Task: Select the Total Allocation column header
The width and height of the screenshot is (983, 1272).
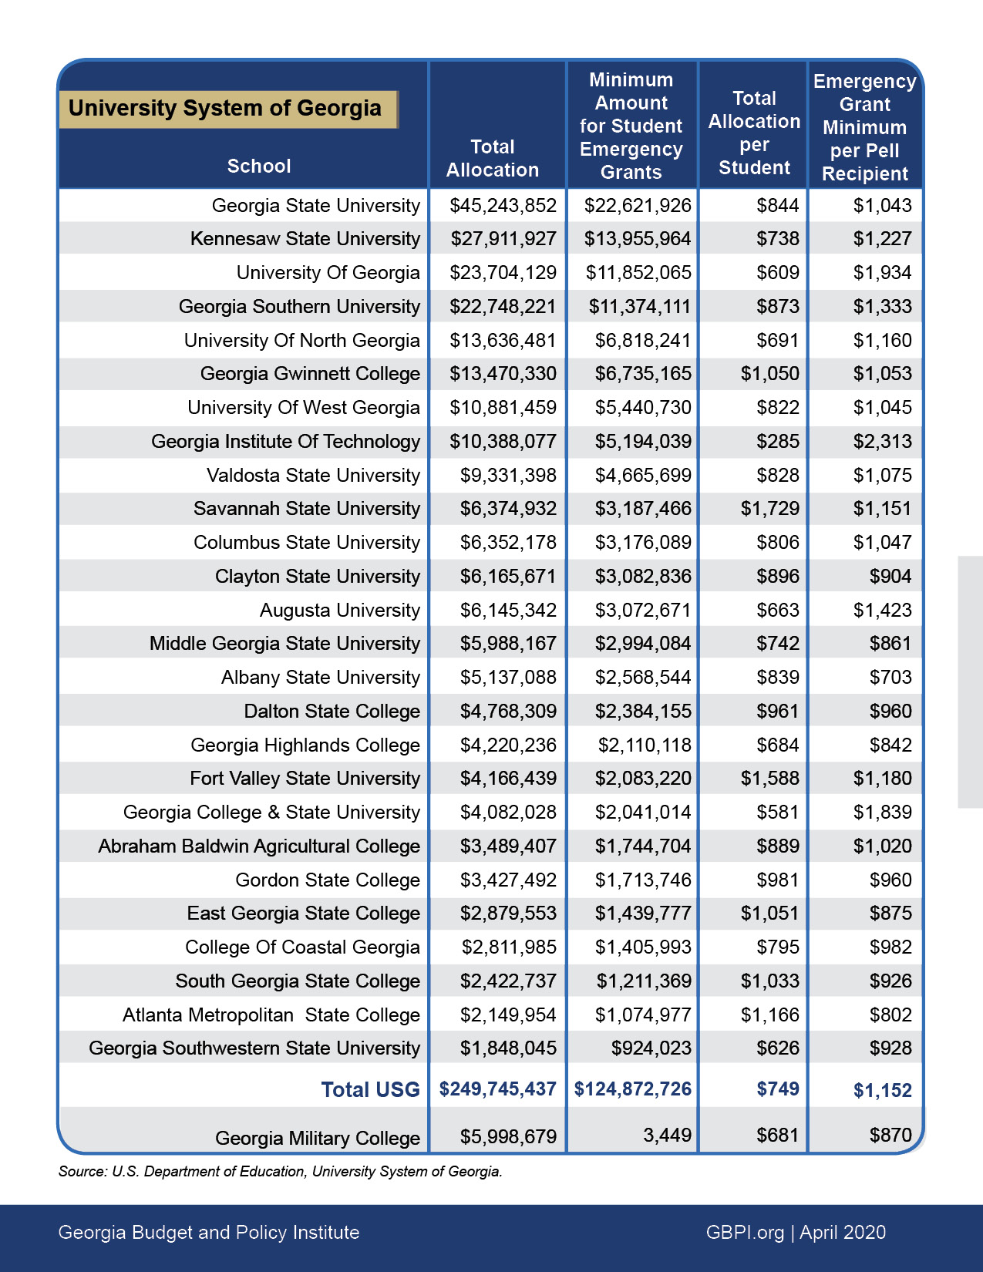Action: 493,159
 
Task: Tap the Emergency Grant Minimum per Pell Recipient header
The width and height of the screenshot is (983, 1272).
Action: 864,127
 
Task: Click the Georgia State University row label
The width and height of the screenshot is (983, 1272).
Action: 315,206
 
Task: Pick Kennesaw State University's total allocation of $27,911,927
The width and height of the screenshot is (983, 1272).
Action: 503,239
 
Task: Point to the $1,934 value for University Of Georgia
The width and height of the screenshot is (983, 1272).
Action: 882,273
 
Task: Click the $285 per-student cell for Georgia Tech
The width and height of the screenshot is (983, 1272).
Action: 777,442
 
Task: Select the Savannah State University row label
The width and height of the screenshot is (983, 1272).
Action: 306,509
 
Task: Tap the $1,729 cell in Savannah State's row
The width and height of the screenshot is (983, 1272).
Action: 769,509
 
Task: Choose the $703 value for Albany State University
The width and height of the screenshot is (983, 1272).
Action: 890,678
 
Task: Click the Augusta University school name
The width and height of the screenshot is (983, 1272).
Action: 339,611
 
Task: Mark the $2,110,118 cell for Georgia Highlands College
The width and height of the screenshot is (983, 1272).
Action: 645,745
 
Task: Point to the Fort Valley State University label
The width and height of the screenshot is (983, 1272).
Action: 305,779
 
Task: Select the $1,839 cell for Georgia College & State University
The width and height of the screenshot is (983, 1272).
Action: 882,813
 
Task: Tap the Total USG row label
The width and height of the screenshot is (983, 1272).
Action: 370,1090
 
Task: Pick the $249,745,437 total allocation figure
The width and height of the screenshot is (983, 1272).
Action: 497,1089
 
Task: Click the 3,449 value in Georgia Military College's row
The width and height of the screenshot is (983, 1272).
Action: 667,1136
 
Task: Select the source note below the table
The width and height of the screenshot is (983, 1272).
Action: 280,1172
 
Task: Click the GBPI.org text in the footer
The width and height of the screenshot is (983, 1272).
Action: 744,1233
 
